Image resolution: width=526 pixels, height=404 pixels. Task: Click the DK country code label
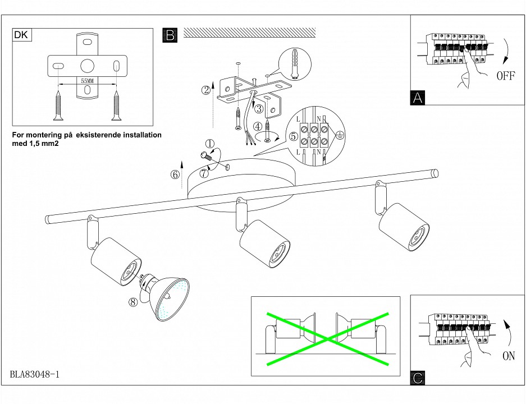21,35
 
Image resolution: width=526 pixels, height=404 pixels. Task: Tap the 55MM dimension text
87,81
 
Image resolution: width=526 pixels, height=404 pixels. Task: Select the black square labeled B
169,35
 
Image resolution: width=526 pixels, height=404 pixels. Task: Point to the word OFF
505,76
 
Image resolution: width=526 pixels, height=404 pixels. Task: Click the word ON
509,356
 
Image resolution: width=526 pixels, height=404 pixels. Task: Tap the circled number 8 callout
133,302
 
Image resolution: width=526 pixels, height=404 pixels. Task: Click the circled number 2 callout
207,89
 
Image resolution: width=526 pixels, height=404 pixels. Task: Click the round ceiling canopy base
241,180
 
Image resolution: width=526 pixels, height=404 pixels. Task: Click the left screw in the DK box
57,105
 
